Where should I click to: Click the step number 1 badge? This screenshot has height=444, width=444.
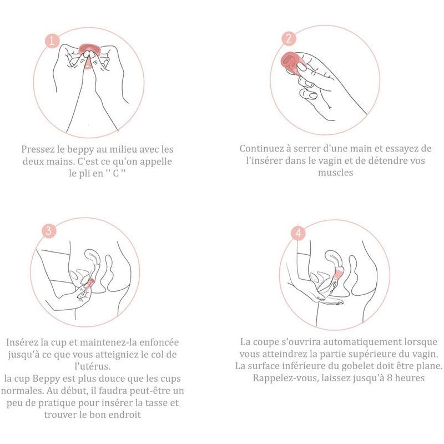52,41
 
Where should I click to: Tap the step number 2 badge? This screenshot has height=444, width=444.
288,39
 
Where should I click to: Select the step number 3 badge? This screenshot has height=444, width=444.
49,231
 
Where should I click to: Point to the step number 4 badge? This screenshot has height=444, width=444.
299,234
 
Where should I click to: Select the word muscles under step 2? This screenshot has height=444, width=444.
335,173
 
